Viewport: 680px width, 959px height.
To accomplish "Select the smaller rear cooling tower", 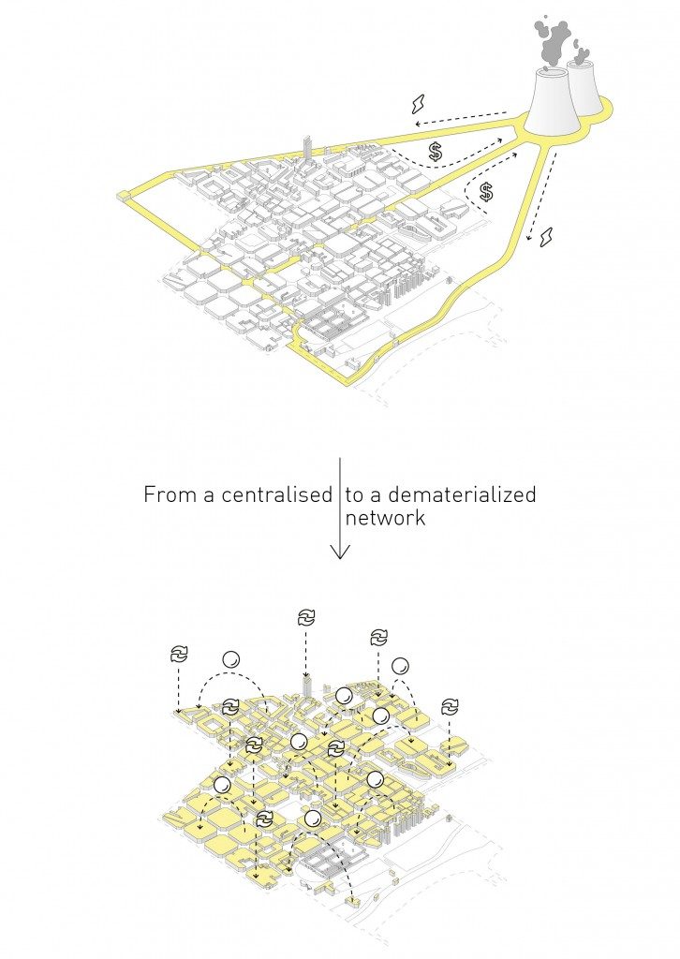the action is tap(584, 85).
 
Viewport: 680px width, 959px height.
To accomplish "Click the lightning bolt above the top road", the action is tap(419, 104).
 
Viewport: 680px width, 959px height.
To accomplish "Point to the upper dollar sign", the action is tap(436, 151).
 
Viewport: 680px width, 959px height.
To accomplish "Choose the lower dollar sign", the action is tap(486, 192).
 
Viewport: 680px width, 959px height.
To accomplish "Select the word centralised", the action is tap(277, 494).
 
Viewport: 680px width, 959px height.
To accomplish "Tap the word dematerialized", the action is tap(463, 494).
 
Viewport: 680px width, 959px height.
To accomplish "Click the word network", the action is tap(385, 517).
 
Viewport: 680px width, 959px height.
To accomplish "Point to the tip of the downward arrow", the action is tap(339, 558).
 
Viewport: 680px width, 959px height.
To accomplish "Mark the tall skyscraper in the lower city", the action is tap(307, 687).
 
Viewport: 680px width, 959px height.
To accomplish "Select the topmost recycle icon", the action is tap(305, 617).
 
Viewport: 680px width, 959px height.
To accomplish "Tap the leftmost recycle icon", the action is tap(179, 654).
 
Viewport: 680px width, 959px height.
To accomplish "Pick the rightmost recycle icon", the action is tap(450, 706).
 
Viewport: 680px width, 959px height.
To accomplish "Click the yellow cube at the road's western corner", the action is tap(125, 195).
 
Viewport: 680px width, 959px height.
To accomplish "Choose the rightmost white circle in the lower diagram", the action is tap(400, 666).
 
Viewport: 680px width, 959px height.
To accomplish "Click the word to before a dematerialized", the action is tap(354, 494).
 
